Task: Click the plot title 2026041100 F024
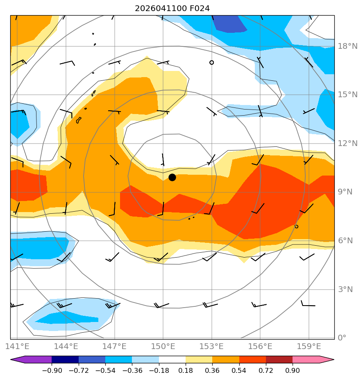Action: (172, 9)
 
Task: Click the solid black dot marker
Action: (172, 178)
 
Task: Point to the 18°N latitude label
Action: (347, 46)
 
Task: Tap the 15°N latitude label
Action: (347, 94)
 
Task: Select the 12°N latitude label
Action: (347, 143)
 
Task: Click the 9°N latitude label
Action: (345, 192)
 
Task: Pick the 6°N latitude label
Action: (345, 240)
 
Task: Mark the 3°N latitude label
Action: (345, 289)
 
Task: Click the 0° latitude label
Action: (342, 338)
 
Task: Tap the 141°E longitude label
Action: (17, 346)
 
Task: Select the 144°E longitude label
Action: (66, 346)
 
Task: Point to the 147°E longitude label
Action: (114, 346)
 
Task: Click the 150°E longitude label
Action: (163, 346)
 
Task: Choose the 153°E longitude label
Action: (211, 346)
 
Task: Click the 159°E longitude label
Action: (309, 346)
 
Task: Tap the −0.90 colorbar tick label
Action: (52, 370)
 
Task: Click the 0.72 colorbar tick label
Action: (266, 370)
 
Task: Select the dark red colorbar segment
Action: (279, 359)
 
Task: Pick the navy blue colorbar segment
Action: (65, 359)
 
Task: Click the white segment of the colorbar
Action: (172, 359)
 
